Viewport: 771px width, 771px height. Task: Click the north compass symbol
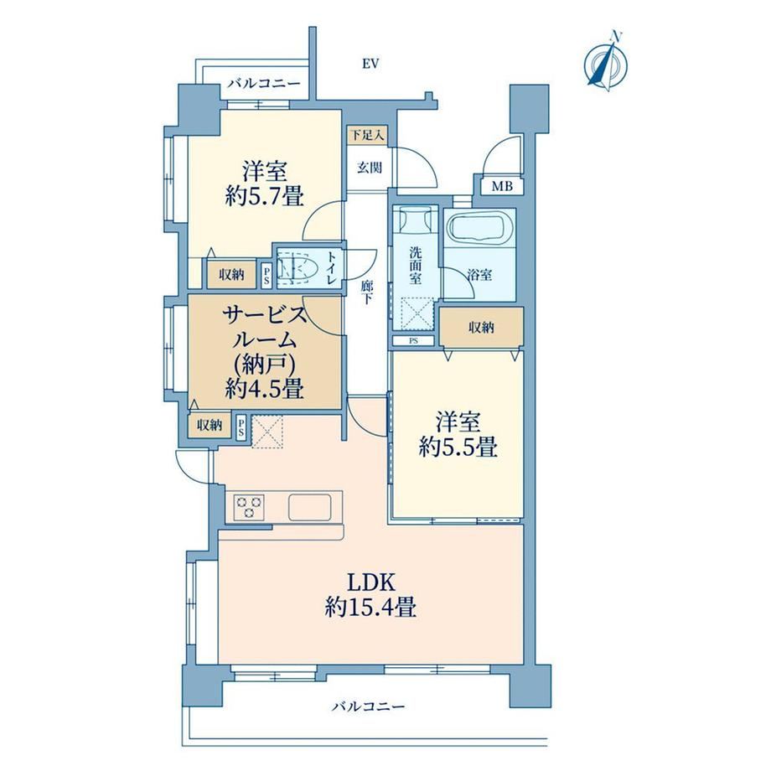(x=606, y=62)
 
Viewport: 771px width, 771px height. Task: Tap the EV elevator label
(x=370, y=64)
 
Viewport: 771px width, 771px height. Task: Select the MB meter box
(x=502, y=186)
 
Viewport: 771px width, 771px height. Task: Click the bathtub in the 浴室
(x=479, y=229)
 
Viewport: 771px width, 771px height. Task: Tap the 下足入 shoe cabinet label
(x=367, y=135)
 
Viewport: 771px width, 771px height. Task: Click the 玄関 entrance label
(x=369, y=168)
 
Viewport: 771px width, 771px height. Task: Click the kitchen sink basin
(x=309, y=507)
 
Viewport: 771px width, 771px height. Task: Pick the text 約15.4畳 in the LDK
(x=370, y=608)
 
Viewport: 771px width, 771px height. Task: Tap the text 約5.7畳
(x=264, y=197)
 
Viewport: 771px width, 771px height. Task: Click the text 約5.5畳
(x=458, y=448)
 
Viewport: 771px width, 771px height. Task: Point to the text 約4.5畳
(x=265, y=389)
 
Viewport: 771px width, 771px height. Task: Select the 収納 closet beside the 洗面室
(x=481, y=328)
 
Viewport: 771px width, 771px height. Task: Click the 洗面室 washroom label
(x=416, y=266)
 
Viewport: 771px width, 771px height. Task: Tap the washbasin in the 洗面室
(x=417, y=220)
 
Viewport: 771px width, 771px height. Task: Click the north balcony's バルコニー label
(x=263, y=84)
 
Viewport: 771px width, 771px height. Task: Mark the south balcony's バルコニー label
(x=368, y=707)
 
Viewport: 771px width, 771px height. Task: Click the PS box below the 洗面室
(x=413, y=341)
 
